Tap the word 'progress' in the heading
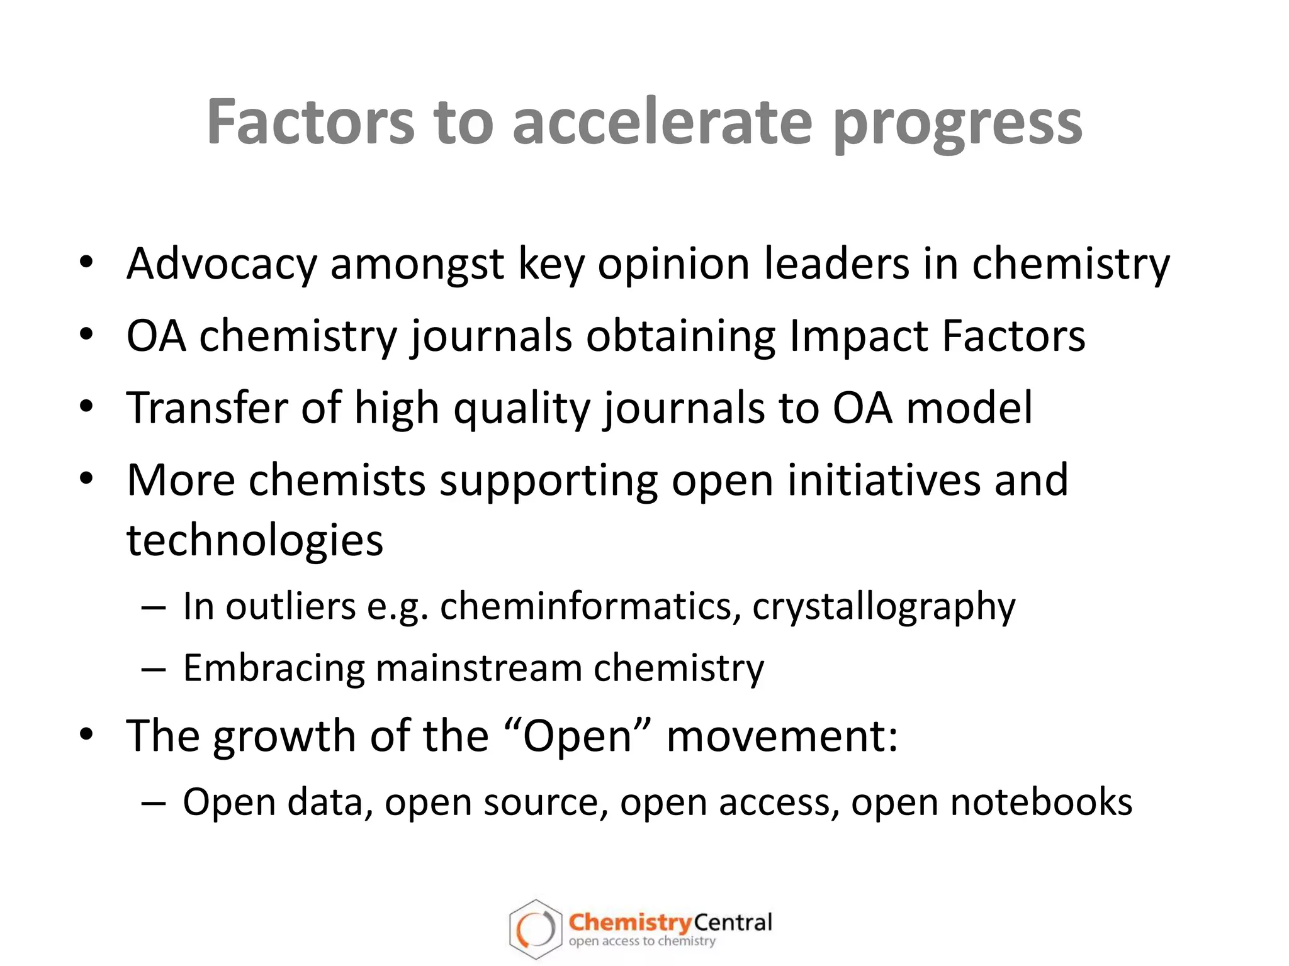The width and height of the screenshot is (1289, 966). click(x=957, y=124)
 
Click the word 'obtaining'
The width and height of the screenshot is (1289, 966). click(x=680, y=336)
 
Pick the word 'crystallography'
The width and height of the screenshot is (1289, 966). click(x=884, y=608)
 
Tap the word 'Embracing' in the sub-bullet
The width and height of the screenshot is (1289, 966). click(x=273, y=668)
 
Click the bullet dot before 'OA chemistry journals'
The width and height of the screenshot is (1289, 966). click(x=86, y=334)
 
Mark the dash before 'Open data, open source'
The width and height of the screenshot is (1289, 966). click(x=154, y=804)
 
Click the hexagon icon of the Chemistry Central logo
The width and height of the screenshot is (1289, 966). click(x=535, y=929)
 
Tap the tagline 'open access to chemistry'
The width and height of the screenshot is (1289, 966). click(x=642, y=941)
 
